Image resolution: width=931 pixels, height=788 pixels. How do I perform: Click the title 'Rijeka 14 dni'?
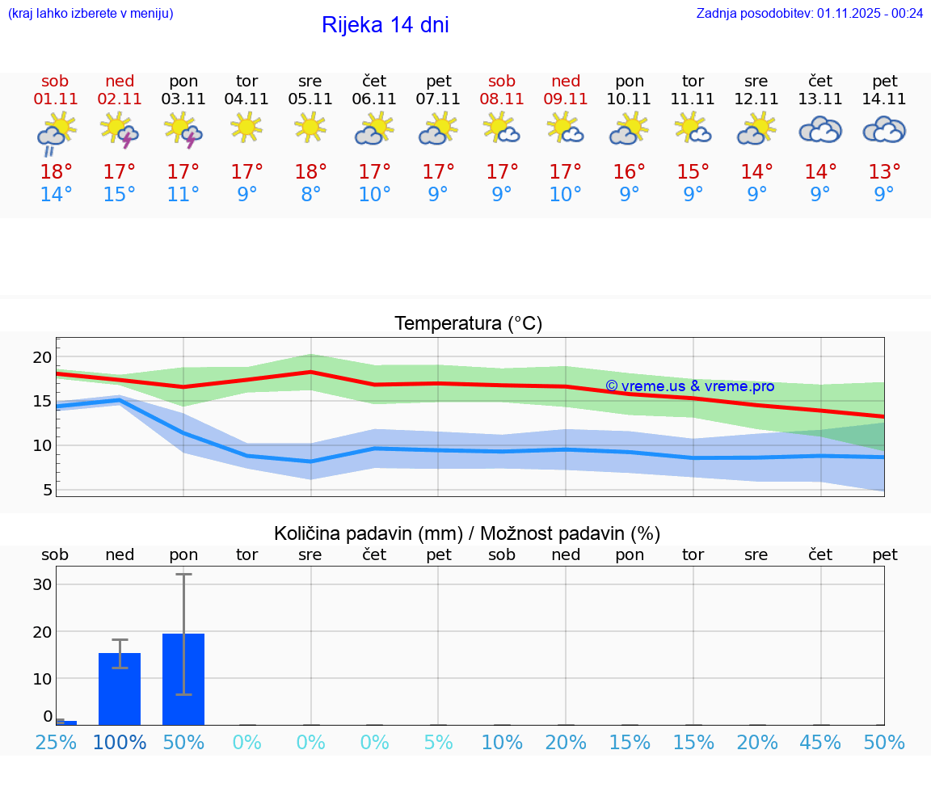click(385, 25)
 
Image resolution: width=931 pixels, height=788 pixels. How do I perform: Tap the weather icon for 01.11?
click(56, 133)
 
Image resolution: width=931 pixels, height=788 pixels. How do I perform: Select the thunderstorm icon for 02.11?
click(120, 131)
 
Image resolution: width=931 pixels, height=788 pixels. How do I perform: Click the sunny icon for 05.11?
click(310, 128)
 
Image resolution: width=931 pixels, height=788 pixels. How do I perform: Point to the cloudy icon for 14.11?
click(884, 130)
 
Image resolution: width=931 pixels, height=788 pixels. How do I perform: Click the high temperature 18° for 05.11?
click(310, 172)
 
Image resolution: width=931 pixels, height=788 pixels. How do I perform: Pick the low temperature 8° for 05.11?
click(310, 195)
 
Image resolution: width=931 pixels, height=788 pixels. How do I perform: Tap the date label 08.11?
click(502, 99)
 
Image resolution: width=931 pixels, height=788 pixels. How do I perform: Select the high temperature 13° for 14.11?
click(884, 172)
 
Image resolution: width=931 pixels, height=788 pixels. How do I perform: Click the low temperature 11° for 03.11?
click(183, 195)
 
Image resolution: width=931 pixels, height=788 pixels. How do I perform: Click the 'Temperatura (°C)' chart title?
click(468, 324)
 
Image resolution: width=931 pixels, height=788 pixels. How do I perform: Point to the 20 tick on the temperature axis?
click(42, 357)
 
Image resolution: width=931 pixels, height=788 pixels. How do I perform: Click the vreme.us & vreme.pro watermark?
click(689, 386)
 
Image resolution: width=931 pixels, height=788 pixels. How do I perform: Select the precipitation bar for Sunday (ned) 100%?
click(120, 689)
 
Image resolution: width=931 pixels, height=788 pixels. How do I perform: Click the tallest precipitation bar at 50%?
click(183, 679)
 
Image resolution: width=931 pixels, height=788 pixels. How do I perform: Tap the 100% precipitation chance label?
click(120, 743)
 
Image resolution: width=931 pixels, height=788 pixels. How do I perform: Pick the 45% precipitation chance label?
click(820, 743)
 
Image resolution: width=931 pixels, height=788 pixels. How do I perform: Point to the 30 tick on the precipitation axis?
click(42, 584)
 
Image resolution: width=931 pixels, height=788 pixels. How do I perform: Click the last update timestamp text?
click(809, 13)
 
